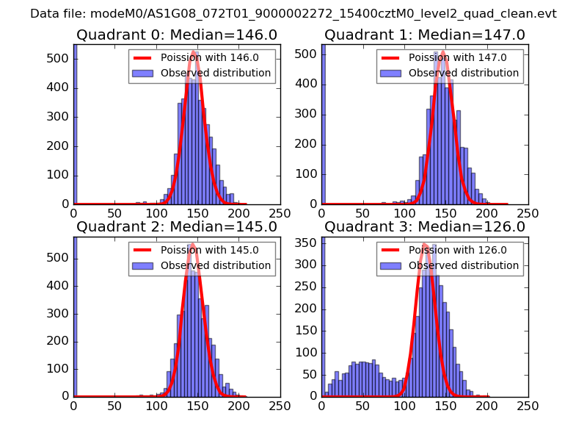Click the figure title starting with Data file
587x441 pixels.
point(293,13)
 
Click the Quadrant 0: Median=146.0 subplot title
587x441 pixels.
point(177,35)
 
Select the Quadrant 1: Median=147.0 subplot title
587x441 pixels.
point(425,35)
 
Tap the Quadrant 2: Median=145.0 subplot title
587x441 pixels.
point(177,226)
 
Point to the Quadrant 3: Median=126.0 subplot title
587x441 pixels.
point(425,226)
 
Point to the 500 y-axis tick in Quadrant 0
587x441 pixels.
point(60,59)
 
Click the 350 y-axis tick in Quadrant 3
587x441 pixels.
point(308,242)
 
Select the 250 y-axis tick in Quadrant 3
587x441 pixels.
point(308,286)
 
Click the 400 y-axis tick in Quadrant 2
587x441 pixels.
point(60,285)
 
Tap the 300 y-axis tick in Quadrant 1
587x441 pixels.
point(308,114)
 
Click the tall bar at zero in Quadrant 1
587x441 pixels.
point(323,125)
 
